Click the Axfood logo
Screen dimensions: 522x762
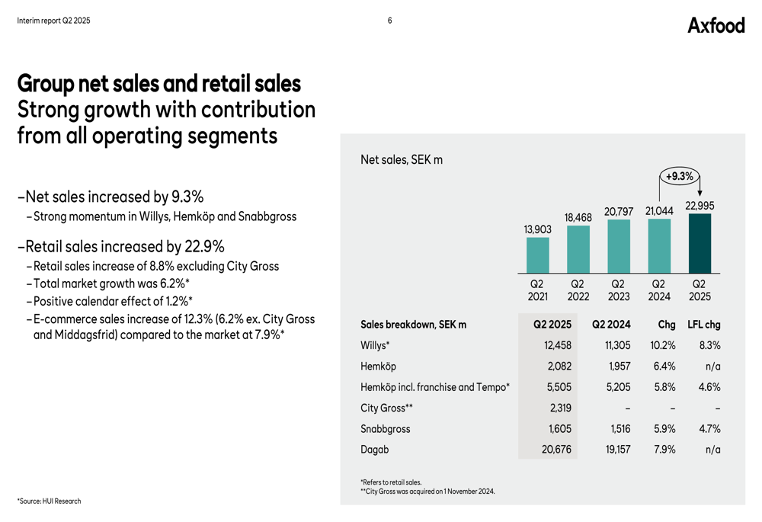pyautogui.click(x=716, y=25)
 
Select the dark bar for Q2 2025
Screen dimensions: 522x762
pyautogui.click(x=700, y=243)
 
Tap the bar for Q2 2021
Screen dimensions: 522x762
pyautogui.click(x=537, y=255)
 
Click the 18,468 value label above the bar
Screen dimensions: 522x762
pyautogui.click(x=578, y=218)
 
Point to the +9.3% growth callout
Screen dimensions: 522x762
pyautogui.click(x=679, y=176)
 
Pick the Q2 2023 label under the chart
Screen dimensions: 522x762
pyautogui.click(x=619, y=290)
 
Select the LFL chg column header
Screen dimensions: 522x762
pyautogui.click(x=703, y=325)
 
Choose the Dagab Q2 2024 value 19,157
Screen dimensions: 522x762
pyautogui.click(x=618, y=450)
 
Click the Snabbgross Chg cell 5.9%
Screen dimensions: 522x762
pyautogui.click(x=664, y=429)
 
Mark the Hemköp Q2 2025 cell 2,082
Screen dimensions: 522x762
pyautogui.click(x=559, y=367)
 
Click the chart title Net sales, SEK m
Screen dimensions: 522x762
pyautogui.click(x=401, y=160)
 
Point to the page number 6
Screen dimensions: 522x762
pyautogui.click(x=389, y=21)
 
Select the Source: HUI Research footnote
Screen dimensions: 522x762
pyautogui.click(x=49, y=501)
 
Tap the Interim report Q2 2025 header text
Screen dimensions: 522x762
pyautogui.click(x=53, y=21)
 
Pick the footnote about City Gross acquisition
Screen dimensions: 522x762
pyautogui.click(x=427, y=492)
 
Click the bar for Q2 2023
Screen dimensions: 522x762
pyautogui.click(x=619, y=246)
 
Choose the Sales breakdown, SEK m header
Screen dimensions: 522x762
pyautogui.click(x=413, y=325)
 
